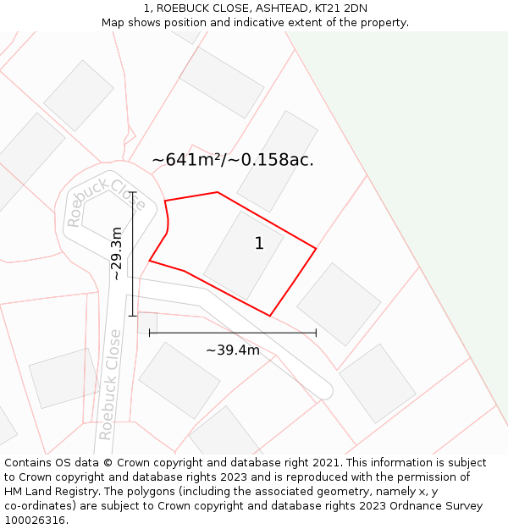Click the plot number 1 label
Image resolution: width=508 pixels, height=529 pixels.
coord(259,244)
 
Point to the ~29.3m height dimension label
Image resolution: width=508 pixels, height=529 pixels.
coord(117,253)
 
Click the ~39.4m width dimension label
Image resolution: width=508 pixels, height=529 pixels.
coord(233,350)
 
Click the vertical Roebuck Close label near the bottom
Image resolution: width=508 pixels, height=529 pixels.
coord(110,385)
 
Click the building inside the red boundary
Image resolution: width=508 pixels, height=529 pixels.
coord(243,255)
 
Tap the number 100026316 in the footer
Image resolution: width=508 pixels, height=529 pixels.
coord(36,521)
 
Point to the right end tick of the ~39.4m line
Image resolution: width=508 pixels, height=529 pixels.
coord(316,333)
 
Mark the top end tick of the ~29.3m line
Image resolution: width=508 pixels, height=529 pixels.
coord(133,192)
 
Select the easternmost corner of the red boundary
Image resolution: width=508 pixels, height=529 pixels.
coord(316,249)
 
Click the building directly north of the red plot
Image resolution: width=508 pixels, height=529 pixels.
coord(277,161)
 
